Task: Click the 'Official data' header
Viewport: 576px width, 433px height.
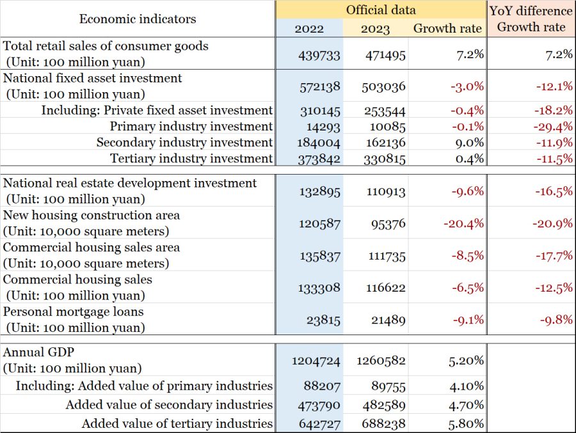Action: pyautogui.click(x=381, y=10)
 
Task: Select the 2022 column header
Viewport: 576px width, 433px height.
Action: pyautogui.click(x=309, y=29)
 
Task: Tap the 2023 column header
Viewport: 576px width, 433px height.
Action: pyautogui.click(x=375, y=29)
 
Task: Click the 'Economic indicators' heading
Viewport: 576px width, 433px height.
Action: pyautogui.click(x=138, y=19)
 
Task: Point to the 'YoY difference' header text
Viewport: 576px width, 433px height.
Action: pyautogui.click(x=531, y=11)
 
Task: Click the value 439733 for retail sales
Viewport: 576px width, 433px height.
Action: pyautogui.click(x=319, y=56)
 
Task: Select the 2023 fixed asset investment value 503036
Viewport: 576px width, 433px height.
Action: pyautogui.click(x=383, y=87)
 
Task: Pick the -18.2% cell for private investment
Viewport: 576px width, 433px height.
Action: pyautogui.click(x=553, y=110)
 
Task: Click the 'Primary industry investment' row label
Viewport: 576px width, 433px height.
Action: pyautogui.click(x=191, y=127)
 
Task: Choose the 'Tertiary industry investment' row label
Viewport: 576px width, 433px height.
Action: pyautogui.click(x=191, y=159)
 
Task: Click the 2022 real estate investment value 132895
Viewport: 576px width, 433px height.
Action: pyautogui.click(x=319, y=192)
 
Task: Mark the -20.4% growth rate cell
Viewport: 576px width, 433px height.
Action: pyautogui.click(x=463, y=224)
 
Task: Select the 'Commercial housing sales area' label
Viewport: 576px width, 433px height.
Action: pyautogui.click(x=91, y=248)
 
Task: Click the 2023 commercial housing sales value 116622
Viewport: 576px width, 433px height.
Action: pyautogui.click(x=386, y=288)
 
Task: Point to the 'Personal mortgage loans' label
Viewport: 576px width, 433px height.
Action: pyautogui.click(x=73, y=312)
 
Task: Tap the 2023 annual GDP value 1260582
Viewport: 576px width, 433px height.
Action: pyautogui.click(x=381, y=361)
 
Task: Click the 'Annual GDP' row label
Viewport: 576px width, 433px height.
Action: pyautogui.click(x=38, y=352)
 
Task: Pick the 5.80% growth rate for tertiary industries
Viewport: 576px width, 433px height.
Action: pyautogui.click(x=466, y=424)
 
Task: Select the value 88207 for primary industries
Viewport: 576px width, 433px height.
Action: pyautogui.click(x=322, y=386)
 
